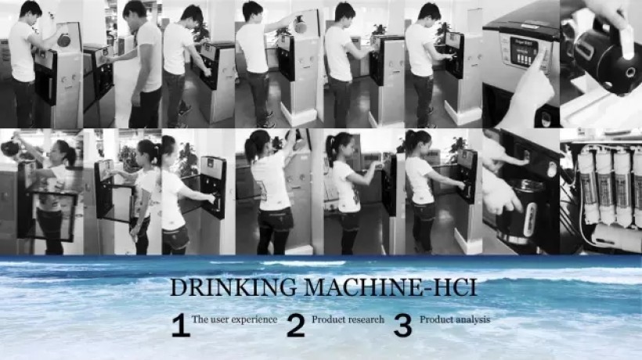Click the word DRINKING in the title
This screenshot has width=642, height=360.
pos(233,286)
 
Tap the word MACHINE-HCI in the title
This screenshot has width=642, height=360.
pos(390,286)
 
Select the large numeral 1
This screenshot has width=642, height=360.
pos(181,326)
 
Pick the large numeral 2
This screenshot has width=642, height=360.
pos(296,326)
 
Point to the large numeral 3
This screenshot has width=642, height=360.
pos(402,326)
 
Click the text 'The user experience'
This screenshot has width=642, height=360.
pos(235,319)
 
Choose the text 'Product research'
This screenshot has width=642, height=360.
pos(348,319)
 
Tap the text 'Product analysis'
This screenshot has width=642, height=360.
pos(454,319)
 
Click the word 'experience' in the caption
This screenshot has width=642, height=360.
pos(256,320)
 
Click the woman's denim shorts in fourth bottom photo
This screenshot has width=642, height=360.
pos(274,218)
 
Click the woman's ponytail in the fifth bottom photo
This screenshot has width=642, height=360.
pos(330,149)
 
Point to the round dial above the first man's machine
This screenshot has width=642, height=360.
pos(63,40)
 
